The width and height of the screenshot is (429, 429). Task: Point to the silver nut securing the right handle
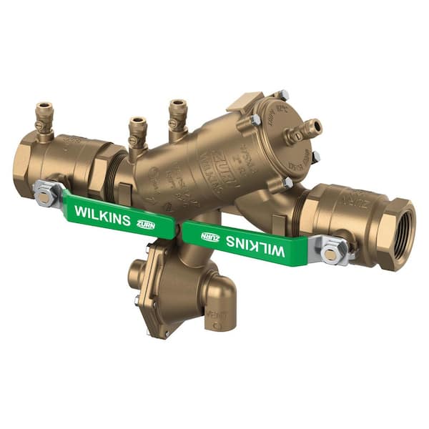[333, 251]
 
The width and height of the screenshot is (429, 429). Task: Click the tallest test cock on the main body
[177, 114]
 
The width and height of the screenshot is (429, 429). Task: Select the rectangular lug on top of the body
[245, 102]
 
